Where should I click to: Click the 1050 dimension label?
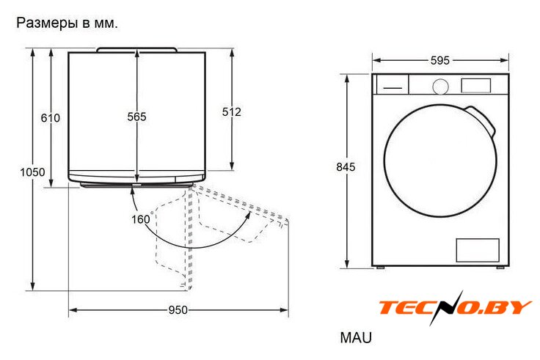[32, 172]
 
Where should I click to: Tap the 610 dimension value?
[51, 118]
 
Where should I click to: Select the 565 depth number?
[136, 117]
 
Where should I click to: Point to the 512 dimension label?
[231, 112]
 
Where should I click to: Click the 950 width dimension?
[178, 310]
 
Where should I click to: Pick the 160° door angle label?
[142, 219]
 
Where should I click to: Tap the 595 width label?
[440, 61]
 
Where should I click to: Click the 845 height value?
[346, 167]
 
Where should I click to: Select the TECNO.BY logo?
[456, 307]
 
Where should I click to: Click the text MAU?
[356, 337]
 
